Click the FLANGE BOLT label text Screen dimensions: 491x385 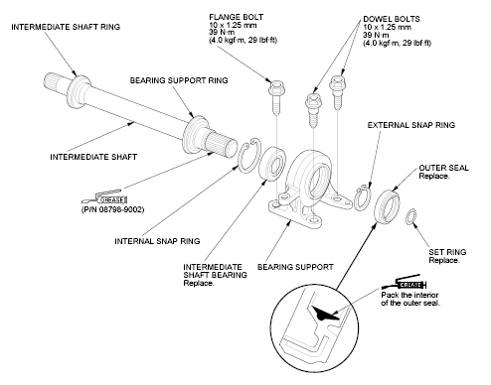pyautogui.click(x=237, y=17)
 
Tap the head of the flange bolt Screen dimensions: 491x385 pyautogui.click(x=275, y=88)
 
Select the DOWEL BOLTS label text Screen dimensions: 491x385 pyautogui.click(x=392, y=19)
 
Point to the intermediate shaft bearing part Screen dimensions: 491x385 pyautogui.click(x=272, y=163)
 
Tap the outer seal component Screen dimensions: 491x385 pyautogui.click(x=387, y=207)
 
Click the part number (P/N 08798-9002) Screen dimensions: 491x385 pyautogui.click(x=113, y=209)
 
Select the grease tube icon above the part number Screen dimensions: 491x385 pyautogui.click(x=105, y=197)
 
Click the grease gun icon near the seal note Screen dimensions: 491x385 pyautogui.click(x=404, y=283)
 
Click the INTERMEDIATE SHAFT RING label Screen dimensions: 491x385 pyautogui.click(x=66, y=27)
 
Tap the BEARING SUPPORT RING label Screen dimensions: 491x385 pyautogui.click(x=179, y=80)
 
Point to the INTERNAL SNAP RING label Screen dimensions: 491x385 pyautogui.click(x=157, y=241)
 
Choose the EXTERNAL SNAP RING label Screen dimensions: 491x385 pyautogui.click(x=411, y=125)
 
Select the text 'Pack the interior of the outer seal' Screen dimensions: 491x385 pyautogui.click(x=410, y=299)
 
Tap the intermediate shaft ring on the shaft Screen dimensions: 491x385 pyautogui.click(x=79, y=92)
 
